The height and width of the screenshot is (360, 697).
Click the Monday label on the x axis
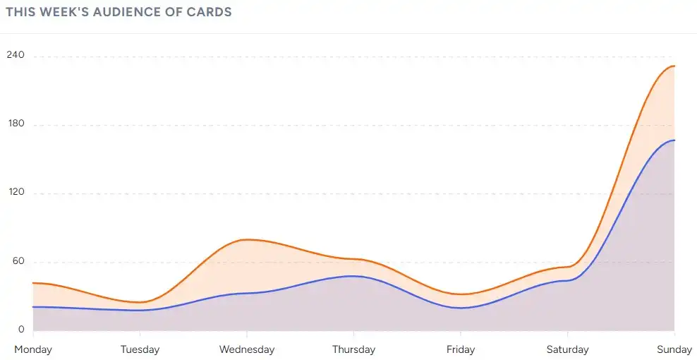[32, 349]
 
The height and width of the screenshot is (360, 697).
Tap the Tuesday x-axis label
[140, 349]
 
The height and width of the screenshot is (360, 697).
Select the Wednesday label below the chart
[247, 349]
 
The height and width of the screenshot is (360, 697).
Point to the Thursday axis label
[353, 349]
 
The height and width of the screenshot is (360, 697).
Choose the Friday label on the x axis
[461, 349]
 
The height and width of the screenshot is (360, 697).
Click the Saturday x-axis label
[567, 349]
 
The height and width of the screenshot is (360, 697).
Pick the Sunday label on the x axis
[674, 349]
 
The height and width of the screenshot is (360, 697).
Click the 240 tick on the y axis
[15, 55]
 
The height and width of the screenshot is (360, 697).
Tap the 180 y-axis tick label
[15, 124]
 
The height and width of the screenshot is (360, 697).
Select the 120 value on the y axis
[15, 192]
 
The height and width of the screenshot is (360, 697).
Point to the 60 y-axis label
[16, 260]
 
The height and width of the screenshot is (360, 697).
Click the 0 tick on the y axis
[21, 329]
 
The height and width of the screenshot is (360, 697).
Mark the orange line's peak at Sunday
[674, 66]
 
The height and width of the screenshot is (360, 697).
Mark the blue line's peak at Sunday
[674, 140]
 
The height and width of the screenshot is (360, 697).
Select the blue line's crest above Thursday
[353, 276]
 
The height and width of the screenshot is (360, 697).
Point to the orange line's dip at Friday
[461, 294]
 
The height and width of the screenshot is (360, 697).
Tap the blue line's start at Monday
[33, 306]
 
